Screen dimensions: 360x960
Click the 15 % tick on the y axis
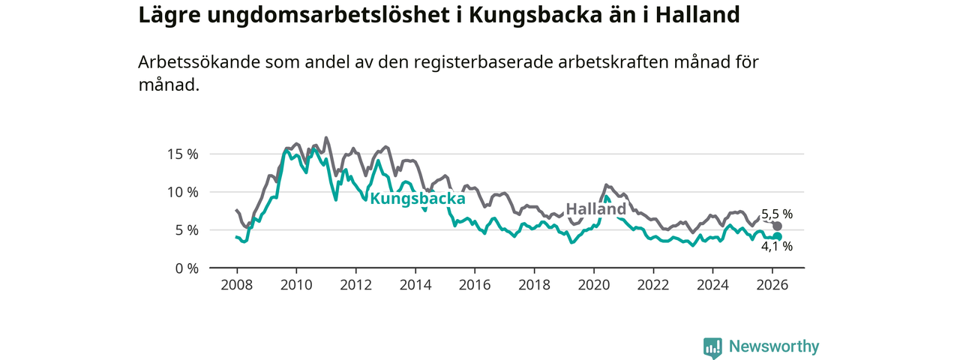click(x=181, y=154)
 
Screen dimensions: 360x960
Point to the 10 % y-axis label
click(x=181, y=193)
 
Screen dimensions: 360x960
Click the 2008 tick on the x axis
click(x=236, y=285)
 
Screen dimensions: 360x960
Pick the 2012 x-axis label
click(x=355, y=285)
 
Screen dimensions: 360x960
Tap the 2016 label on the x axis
click(x=475, y=285)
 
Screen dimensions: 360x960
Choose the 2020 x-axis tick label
click(x=594, y=285)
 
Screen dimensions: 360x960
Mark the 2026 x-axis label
click(x=772, y=285)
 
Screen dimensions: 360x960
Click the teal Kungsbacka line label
click(x=418, y=199)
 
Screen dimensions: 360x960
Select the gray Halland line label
click(x=595, y=209)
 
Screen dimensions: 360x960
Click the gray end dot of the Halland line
click(x=778, y=226)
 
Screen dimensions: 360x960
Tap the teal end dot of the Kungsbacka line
click(x=778, y=237)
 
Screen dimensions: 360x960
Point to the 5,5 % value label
click(x=777, y=214)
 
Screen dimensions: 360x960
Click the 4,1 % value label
click(x=777, y=246)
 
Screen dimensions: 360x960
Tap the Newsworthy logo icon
click(x=712, y=347)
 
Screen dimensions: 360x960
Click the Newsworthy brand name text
click(x=774, y=346)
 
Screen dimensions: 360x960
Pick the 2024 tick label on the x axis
click(x=713, y=285)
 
